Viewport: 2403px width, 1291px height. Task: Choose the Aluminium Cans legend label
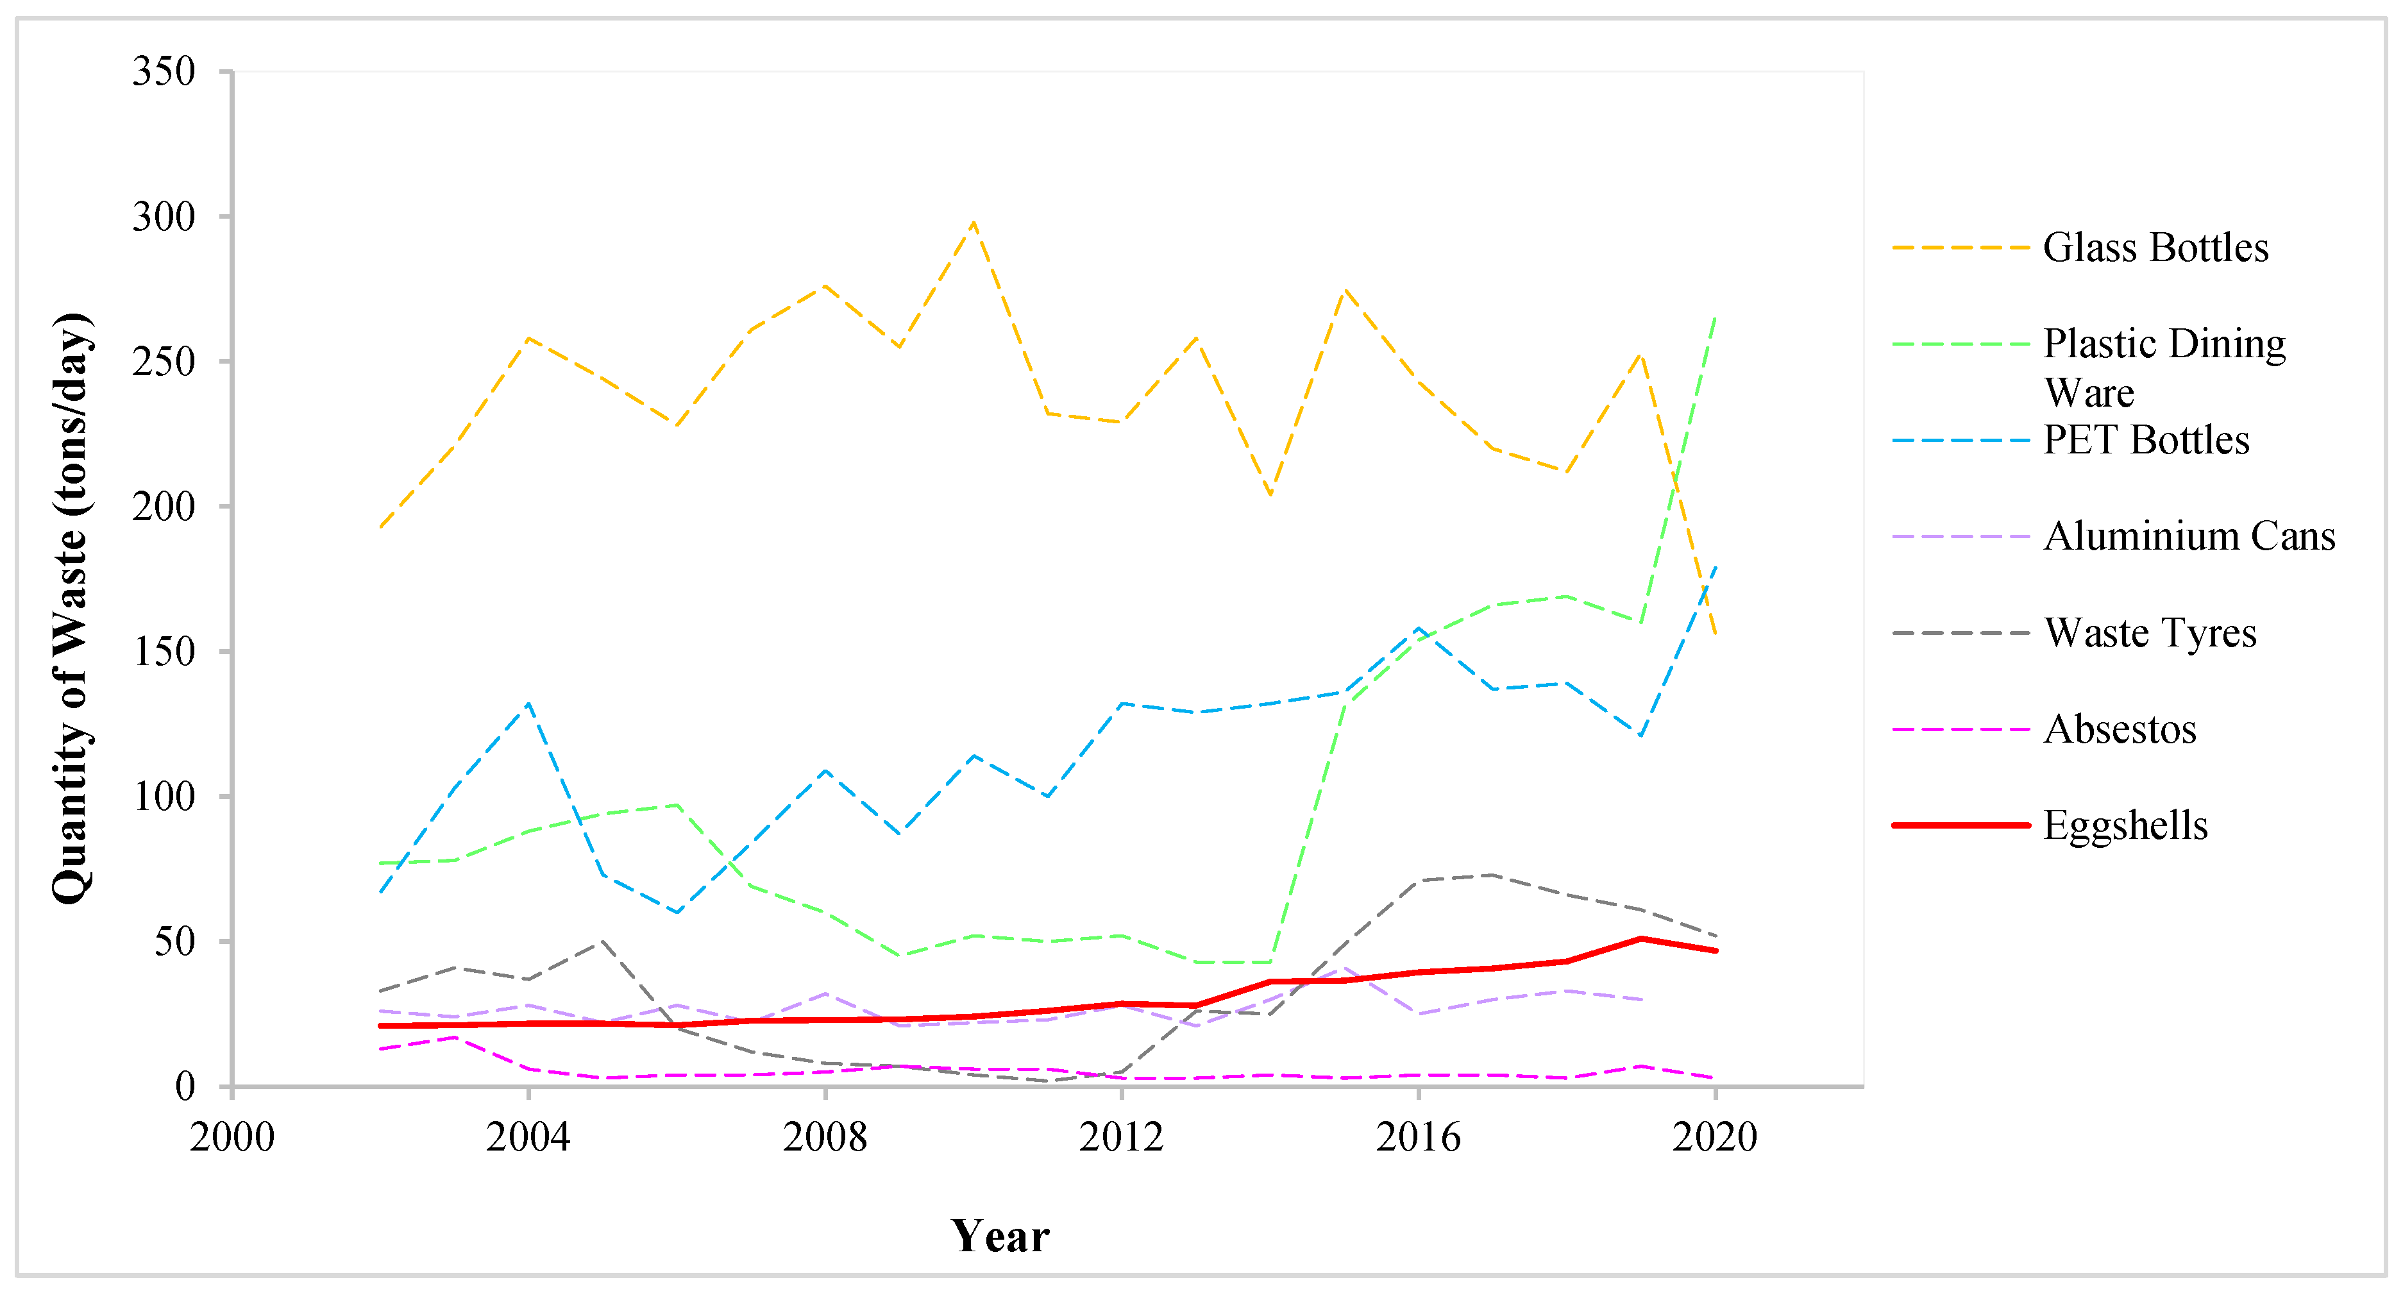[x=2188, y=536]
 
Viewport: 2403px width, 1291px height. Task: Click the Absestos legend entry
[x=2120, y=729]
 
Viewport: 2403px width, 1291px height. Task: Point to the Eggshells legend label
[x=2125, y=825]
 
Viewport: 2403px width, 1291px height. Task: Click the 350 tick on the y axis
[x=164, y=71]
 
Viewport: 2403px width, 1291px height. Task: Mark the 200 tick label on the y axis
[x=164, y=507]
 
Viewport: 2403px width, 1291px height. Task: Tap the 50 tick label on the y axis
[x=174, y=941]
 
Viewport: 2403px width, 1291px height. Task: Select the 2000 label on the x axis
[x=232, y=1137]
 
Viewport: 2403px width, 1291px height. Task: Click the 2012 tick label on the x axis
[x=1121, y=1137]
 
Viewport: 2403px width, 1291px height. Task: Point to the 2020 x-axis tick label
[x=1715, y=1137]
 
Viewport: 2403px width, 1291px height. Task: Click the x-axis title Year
[x=1000, y=1236]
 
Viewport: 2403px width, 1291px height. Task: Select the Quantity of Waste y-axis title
[x=71, y=608]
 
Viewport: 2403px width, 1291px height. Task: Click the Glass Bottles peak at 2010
[x=973, y=222]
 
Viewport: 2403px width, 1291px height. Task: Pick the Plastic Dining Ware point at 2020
[x=1715, y=317]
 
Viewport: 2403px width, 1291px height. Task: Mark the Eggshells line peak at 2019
[x=1641, y=938]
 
